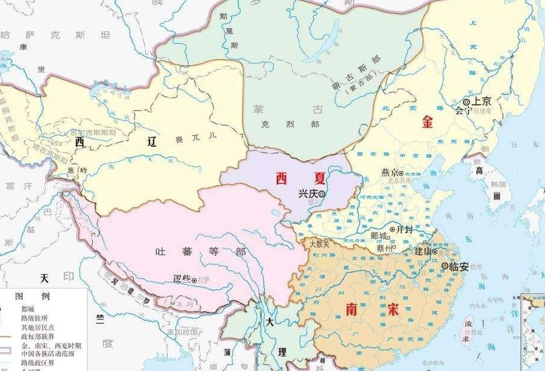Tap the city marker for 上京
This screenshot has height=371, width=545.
[466, 102]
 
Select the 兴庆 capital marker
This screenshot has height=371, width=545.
[322, 194]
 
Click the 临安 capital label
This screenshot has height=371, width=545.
[458, 266]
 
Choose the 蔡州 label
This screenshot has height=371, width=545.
[384, 247]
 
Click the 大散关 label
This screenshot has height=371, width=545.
[319, 243]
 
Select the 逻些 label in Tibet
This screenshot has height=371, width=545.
[180, 279]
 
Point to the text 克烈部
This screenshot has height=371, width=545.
[290, 124]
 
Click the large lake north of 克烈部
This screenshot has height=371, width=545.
[326, 42]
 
